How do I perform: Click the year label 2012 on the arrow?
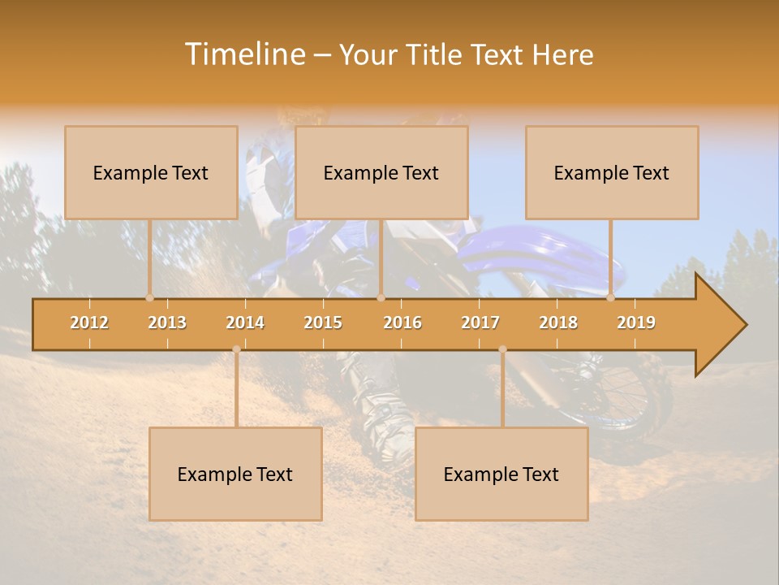(89, 323)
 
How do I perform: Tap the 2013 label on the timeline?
(167, 323)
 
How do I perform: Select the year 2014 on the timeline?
(245, 323)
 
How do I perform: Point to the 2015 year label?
(323, 323)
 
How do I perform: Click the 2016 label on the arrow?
(402, 323)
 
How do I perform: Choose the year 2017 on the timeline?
(480, 323)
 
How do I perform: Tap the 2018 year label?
(558, 323)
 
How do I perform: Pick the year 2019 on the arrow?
(636, 323)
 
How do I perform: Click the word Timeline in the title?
(244, 54)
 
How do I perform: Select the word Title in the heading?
(435, 54)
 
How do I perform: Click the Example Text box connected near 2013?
(151, 172)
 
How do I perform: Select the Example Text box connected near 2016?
(381, 172)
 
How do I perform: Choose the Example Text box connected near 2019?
(612, 172)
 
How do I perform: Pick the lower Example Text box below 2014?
(235, 474)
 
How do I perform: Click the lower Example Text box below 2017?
(501, 474)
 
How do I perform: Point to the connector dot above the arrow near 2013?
(149, 297)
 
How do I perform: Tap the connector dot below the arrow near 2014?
(236, 349)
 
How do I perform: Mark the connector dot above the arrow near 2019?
(610, 297)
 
